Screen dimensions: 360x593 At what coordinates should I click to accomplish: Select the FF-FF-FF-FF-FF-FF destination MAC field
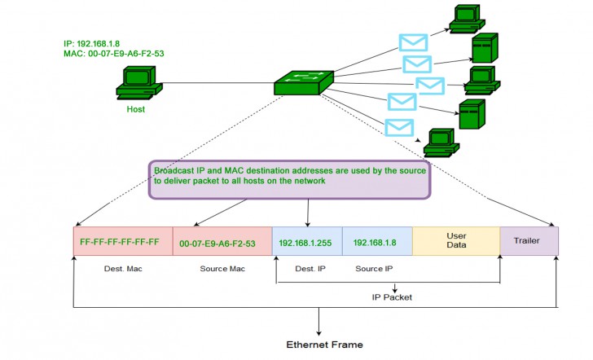coord(120,243)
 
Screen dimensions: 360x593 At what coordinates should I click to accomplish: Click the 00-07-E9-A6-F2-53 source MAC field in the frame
coord(217,243)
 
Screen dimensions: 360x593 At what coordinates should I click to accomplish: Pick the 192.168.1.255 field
coord(306,242)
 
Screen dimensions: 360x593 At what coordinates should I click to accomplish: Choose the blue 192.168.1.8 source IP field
coord(377,242)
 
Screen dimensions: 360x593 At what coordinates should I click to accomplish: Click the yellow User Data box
coord(455,240)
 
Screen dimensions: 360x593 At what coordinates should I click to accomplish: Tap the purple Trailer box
coord(528,240)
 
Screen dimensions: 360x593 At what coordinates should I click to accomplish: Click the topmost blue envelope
coord(413,43)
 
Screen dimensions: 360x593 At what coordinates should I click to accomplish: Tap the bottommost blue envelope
coord(398,128)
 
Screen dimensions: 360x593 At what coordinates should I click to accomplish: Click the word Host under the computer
coord(135,108)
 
